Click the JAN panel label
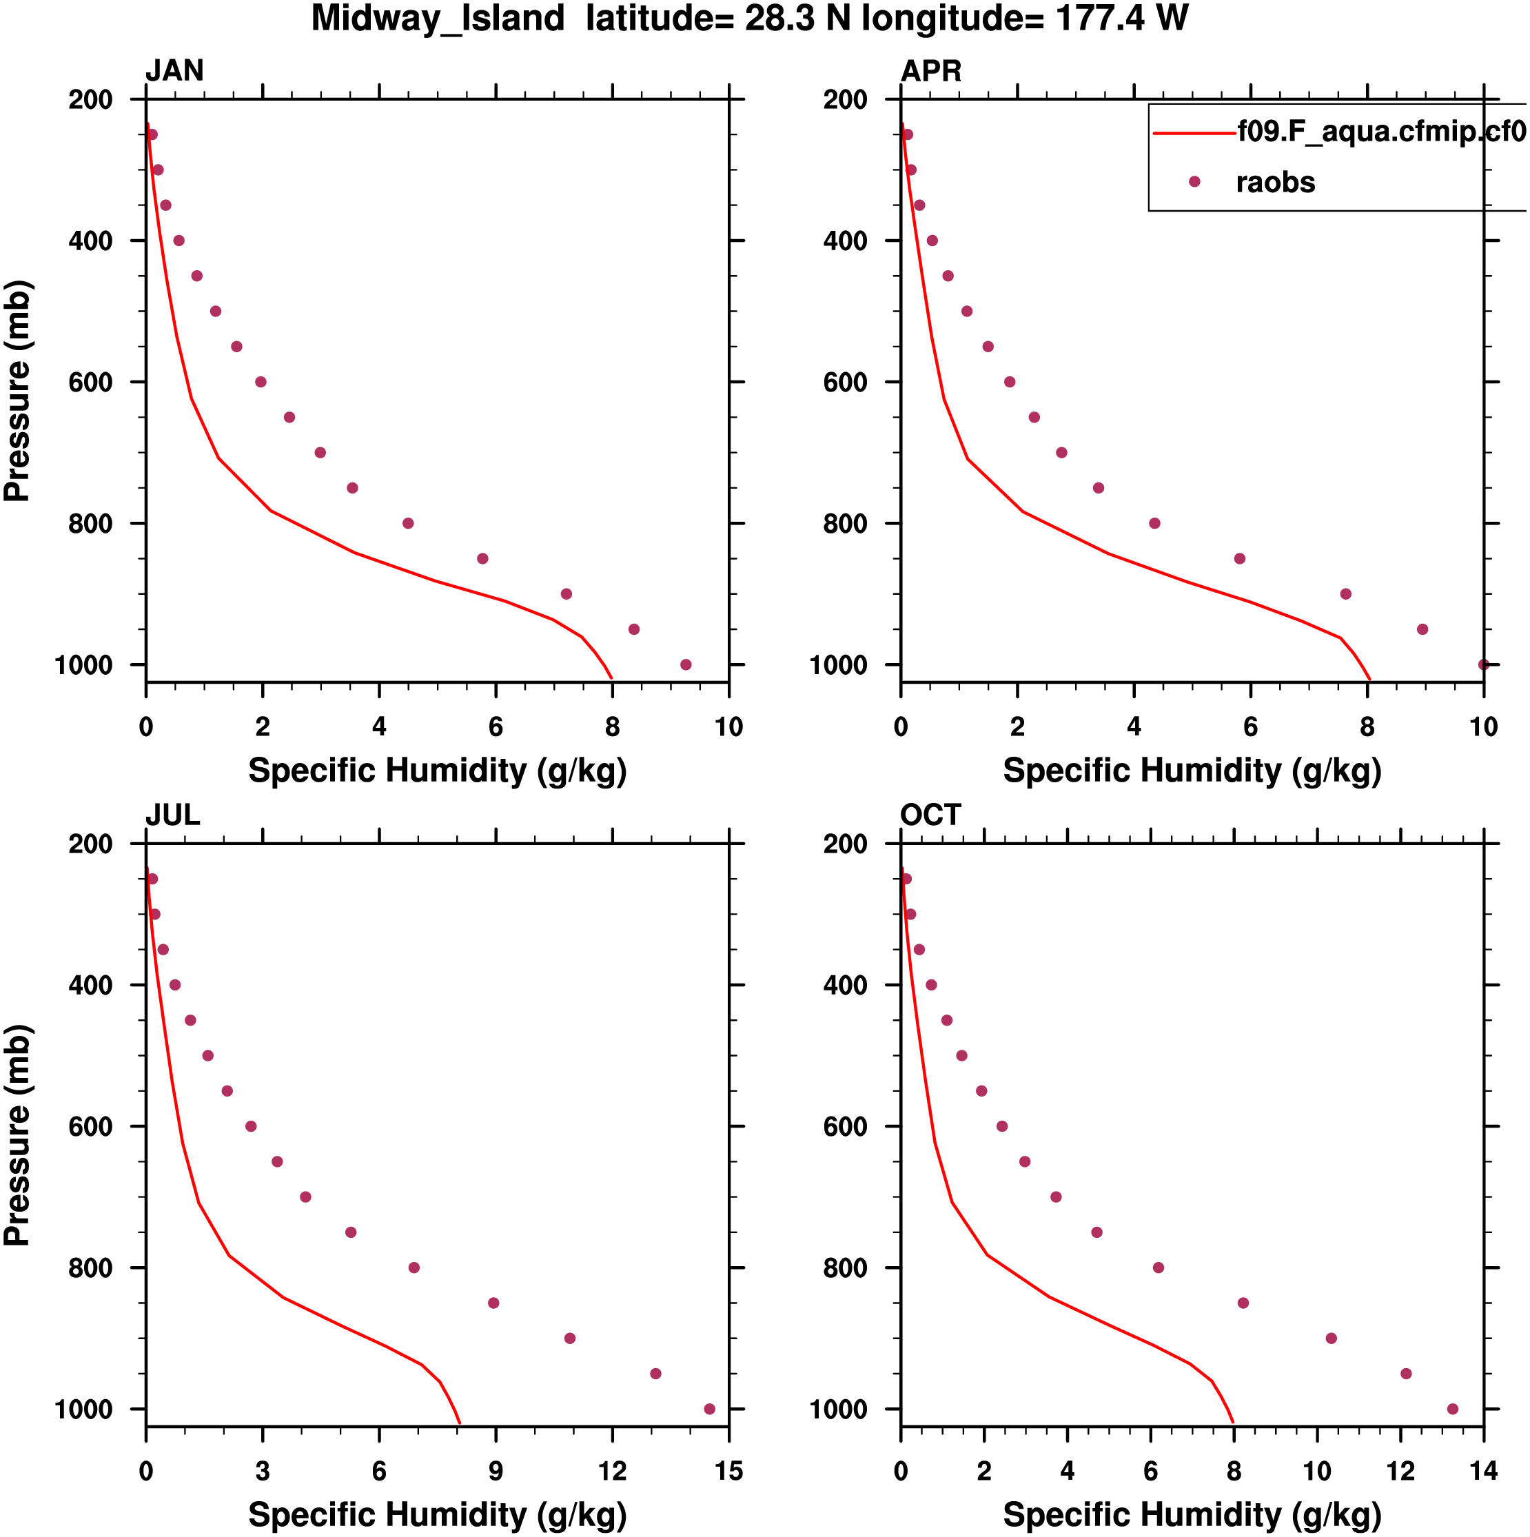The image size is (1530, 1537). [174, 71]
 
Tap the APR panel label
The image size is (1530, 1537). [930, 71]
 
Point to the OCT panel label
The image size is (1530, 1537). [930, 815]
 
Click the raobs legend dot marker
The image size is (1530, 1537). [1194, 182]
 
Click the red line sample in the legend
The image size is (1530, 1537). [1194, 133]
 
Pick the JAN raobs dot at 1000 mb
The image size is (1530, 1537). [686, 665]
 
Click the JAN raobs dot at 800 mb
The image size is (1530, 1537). [408, 523]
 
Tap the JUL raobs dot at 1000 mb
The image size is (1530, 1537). [710, 1409]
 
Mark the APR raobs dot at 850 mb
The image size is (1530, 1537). [1240, 559]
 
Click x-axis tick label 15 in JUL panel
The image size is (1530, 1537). [728, 1472]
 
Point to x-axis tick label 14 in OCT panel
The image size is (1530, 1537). [1484, 1472]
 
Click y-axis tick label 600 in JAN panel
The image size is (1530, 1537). [90, 383]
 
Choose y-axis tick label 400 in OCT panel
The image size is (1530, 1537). [845, 986]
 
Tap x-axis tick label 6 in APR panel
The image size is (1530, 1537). [1251, 727]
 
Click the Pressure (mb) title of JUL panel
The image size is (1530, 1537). [17, 1136]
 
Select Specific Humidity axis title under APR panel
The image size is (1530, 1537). [1192, 771]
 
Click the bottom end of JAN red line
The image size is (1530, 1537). [611, 679]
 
